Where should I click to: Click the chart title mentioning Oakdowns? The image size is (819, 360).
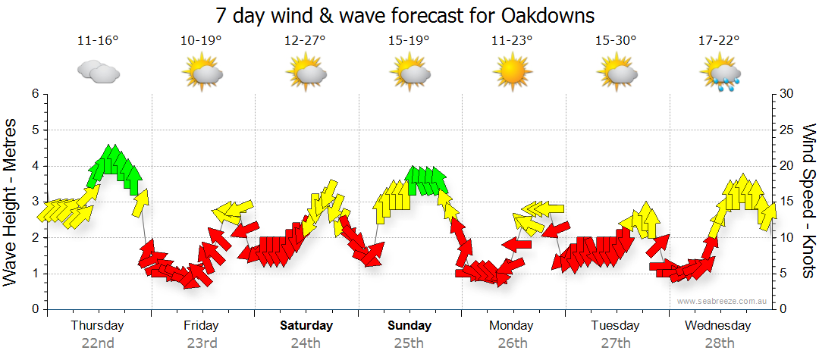[x=405, y=15]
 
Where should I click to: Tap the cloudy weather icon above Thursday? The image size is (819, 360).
[x=99, y=73]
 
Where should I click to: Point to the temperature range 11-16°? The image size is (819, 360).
[x=98, y=40]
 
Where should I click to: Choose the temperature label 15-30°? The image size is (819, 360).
[x=615, y=40]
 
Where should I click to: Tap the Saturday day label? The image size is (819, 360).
[x=306, y=326]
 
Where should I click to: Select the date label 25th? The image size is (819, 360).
[x=409, y=343]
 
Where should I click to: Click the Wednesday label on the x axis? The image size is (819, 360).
[x=717, y=326]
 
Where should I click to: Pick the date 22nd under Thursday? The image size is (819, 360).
[x=98, y=343]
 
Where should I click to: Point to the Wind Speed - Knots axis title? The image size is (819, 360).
[x=808, y=201]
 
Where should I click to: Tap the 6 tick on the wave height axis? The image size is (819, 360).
[x=34, y=94]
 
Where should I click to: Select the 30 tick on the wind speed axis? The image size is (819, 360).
[x=788, y=94]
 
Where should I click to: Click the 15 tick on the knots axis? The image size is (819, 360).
[x=787, y=202]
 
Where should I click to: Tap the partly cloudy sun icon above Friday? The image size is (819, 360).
[x=202, y=73]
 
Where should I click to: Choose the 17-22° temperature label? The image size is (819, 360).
[x=719, y=40]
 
